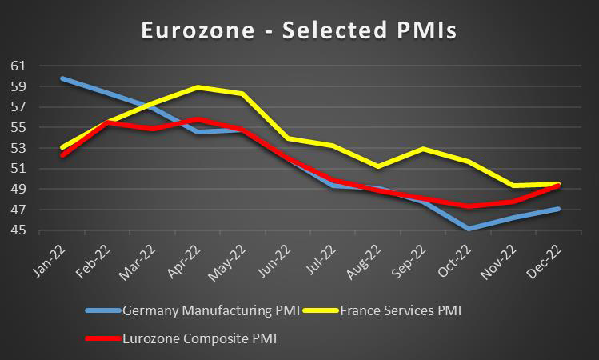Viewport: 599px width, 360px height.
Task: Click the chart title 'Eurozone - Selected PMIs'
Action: (299, 30)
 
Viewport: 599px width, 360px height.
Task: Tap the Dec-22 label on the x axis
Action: (547, 258)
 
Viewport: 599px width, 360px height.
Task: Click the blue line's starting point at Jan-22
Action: (62, 78)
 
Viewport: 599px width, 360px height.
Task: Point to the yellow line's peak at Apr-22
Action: (198, 86)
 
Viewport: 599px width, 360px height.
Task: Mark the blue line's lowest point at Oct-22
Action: (468, 229)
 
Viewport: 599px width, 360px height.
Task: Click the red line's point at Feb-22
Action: (107, 122)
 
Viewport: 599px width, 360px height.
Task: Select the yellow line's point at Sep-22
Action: (422, 149)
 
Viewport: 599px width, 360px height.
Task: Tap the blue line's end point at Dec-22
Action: (557, 209)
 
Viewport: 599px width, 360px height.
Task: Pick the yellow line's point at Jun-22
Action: (287, 138)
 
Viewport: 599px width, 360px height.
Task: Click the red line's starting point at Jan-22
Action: (62, 155)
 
